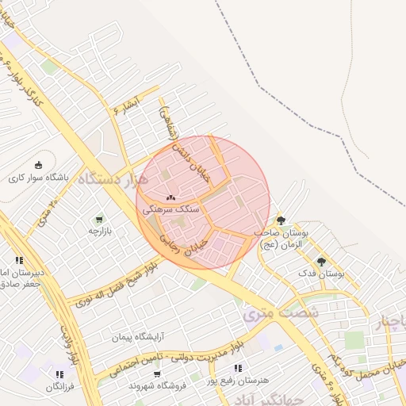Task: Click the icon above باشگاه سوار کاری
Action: click(37, 165)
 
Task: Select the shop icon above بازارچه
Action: click(99, 219)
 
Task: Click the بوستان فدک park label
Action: click(321, 274)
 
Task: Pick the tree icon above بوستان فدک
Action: click(321, 261)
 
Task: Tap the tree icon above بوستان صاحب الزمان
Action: click(281, 220)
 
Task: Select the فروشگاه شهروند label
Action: click(157, 385)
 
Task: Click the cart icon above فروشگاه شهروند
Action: click(157, 373)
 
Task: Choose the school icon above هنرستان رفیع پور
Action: click(238, 368)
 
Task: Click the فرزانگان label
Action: click(59, 387)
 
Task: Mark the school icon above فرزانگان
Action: click(59, 374)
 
